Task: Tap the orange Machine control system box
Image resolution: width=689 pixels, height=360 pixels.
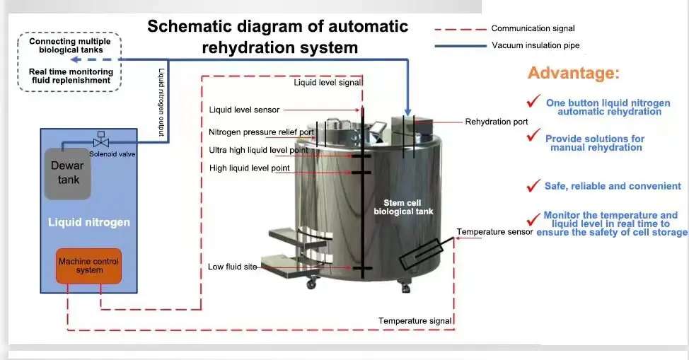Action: click(89, 265)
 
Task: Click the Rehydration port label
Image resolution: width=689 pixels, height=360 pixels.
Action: click(496, 122)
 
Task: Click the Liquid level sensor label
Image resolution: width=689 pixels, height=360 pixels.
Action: click(244, 110)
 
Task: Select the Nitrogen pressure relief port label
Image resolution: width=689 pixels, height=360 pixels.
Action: click(261, 132)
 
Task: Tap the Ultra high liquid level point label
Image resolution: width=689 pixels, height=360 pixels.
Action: click(258, 150)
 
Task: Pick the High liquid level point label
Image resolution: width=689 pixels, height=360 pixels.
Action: click(250, 168)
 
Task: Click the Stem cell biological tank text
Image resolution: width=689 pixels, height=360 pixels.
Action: click(403, 207)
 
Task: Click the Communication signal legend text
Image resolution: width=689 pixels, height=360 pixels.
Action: click(533, 29)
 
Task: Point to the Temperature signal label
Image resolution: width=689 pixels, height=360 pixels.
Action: click(415, 321)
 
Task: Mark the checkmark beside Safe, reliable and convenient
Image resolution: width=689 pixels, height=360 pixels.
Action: click(533, 185)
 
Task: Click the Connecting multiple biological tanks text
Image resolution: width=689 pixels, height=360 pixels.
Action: click(71, 46)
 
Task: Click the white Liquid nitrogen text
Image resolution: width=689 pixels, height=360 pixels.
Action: click(89, 222)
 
